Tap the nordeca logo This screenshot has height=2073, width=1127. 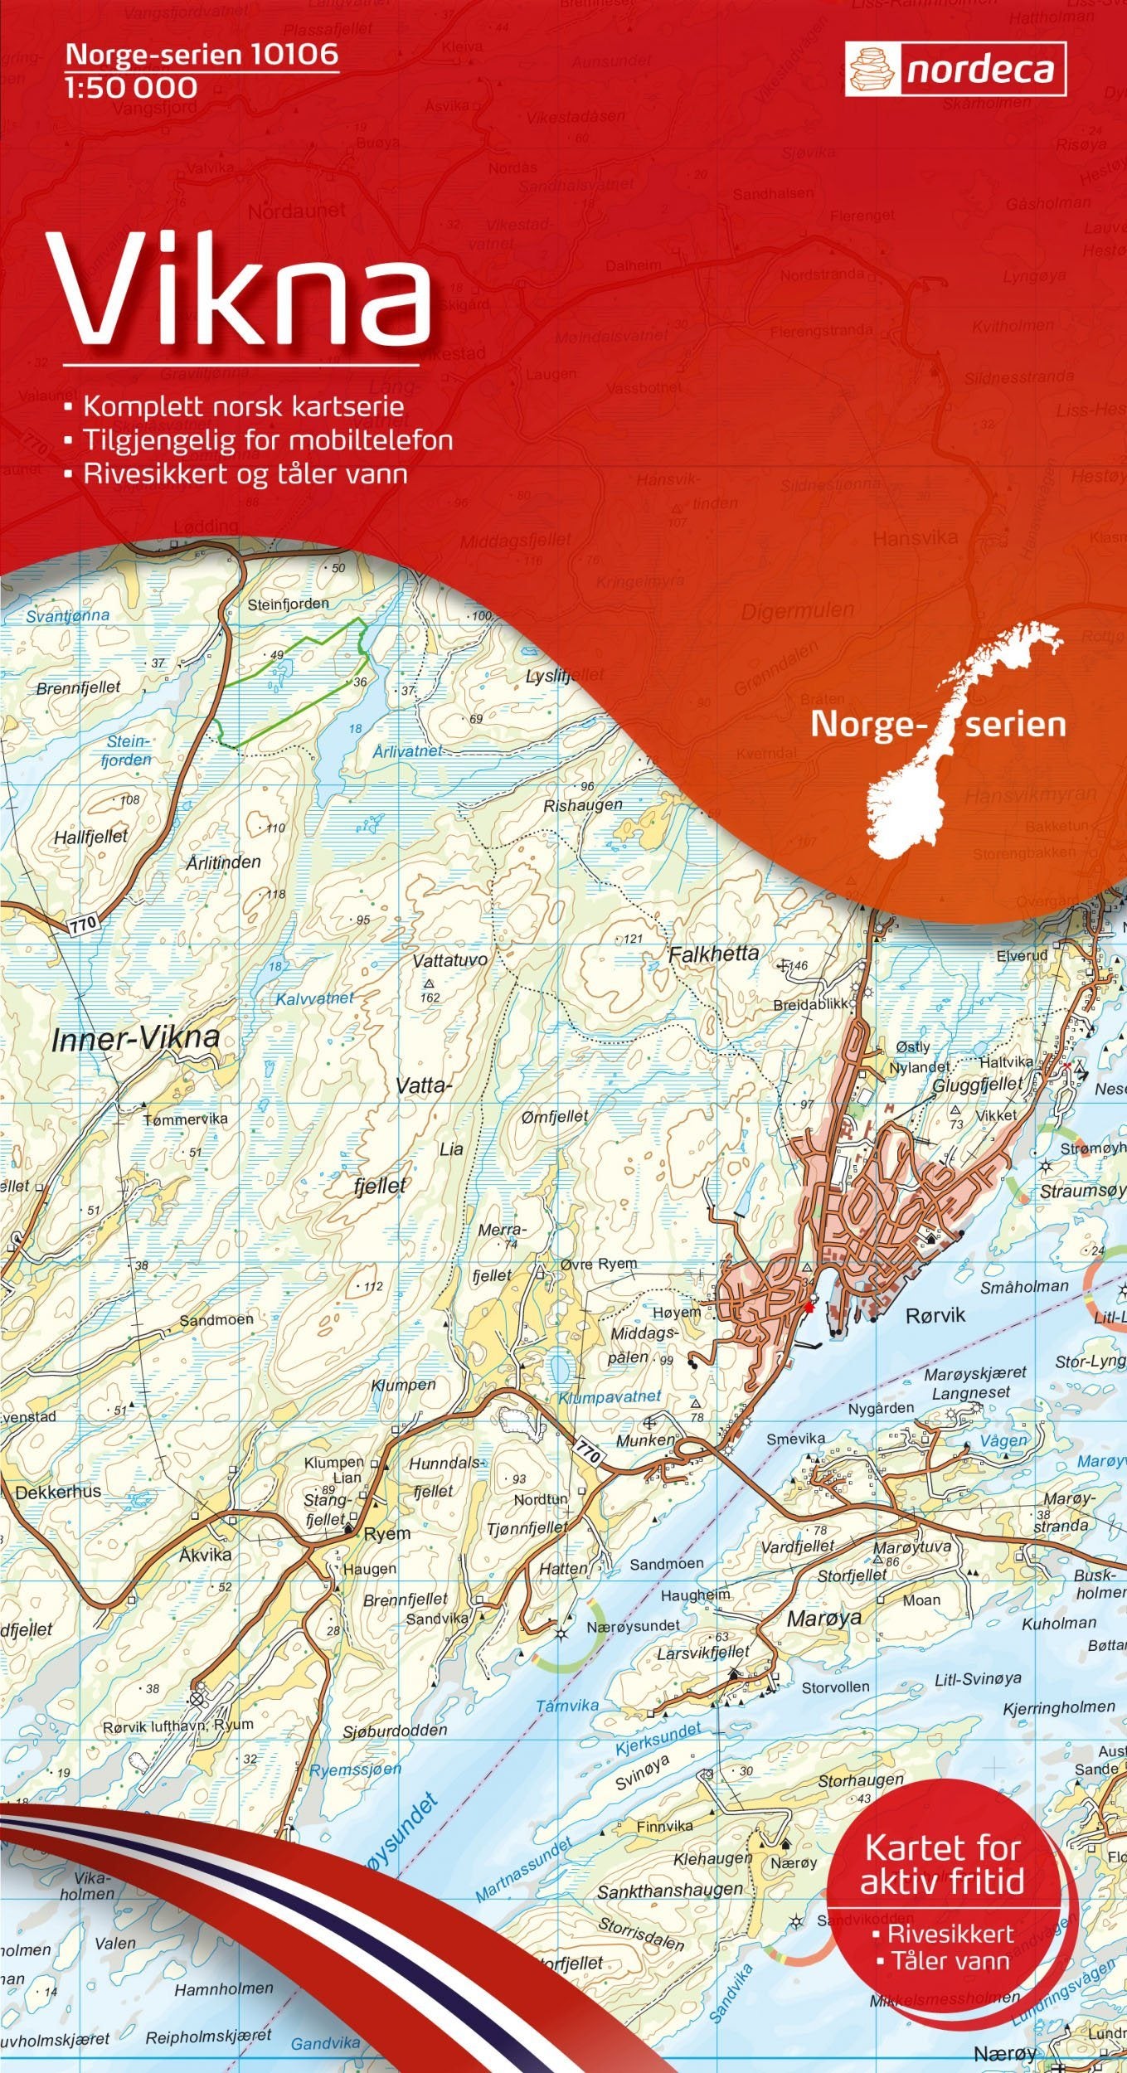coord(955,70)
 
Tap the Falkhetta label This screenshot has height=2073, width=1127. coord(713,954)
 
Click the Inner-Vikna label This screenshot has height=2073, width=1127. coord(136,1037)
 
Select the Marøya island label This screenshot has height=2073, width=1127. coord(823,1618)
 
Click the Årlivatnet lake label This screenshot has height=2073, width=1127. coord(408,751)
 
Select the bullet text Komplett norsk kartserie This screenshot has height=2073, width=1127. coord(243,406)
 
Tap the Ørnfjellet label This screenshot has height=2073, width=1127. coord(555,1117)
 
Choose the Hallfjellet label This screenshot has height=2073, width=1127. coord(90,837)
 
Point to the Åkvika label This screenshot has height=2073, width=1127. coord(206,1555)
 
